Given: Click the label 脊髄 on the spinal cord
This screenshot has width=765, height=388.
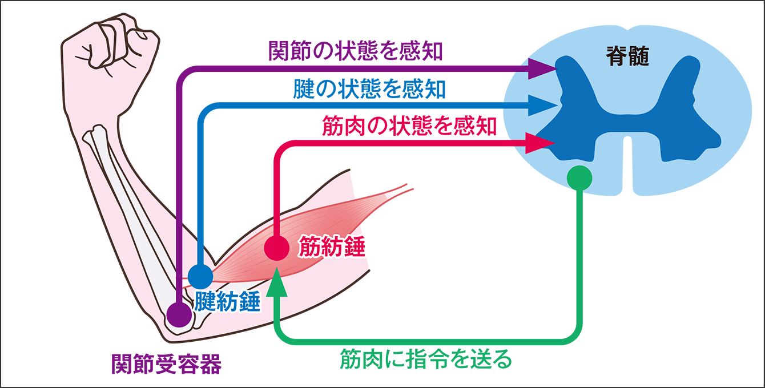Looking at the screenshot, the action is [627, 56].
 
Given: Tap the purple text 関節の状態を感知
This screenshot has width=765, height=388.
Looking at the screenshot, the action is [356, 51].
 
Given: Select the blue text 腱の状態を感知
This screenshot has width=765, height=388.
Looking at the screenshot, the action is [369, 89].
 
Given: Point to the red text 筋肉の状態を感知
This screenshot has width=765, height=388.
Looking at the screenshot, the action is [409, 126].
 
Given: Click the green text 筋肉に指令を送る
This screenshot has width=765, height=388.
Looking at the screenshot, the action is [426, 359].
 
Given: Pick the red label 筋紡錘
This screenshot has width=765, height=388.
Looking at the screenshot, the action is [332, 246].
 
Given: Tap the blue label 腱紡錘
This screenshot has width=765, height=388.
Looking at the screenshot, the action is [227, 301].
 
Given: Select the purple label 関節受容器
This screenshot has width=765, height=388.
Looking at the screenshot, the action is [166, 364].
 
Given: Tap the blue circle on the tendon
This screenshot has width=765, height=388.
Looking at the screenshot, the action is [200, 276].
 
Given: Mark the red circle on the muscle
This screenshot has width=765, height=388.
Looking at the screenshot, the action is [277, 248].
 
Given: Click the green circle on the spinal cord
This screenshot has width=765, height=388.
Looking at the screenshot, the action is [579, 178].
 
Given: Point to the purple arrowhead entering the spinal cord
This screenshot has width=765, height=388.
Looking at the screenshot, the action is [543, 68].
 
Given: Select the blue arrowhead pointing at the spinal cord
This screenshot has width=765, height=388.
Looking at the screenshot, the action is [543, 106].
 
